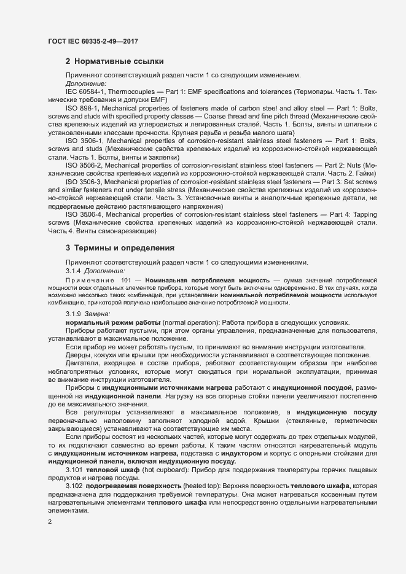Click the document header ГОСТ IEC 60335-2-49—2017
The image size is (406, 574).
(x=92, y=41)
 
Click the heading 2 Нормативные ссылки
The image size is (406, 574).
(x=114, y=61)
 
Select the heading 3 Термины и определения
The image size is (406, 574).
(x=120, y=248)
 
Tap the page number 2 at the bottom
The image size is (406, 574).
(x=50, y=522)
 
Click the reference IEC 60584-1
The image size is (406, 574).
(x=85, y=91)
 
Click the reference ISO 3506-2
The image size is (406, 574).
(x=85, y=166)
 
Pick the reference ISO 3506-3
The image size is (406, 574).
(x=85, y=182)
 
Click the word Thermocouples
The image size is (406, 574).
(x=134, y=91)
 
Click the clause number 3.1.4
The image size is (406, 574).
(x=73, y=270)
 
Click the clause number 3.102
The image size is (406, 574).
(x=74, y=486)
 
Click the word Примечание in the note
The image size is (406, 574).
(x=90, y=280)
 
